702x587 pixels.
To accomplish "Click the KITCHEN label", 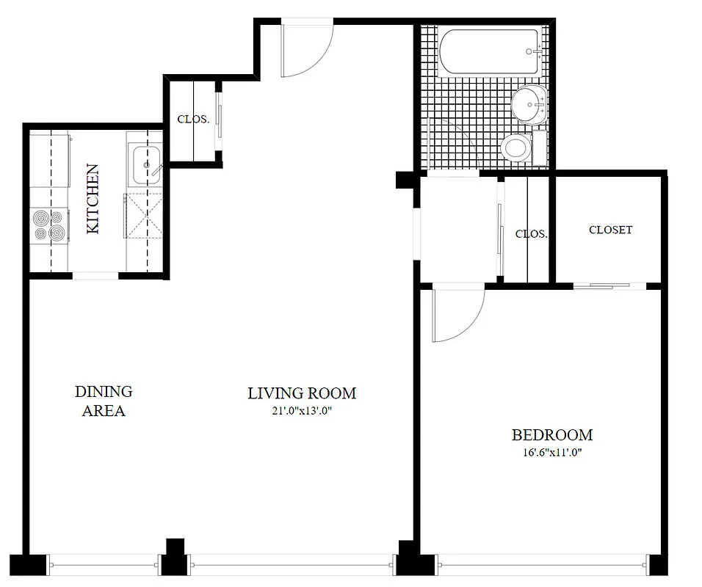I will [93, 199].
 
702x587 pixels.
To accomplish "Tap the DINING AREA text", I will [104, 401].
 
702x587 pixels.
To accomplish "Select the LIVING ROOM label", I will [301, 393].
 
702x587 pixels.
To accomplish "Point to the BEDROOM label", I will [551, 435].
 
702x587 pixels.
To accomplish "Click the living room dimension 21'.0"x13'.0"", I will [301, 411].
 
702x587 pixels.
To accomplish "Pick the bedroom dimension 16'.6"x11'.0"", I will [551, 453].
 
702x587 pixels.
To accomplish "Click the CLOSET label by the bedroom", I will [610, 230].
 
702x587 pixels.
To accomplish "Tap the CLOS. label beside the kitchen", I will [193, 119].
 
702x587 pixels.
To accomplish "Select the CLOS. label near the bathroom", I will [531, 234].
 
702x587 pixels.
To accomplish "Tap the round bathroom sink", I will [528, 104].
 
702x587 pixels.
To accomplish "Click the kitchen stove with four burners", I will [49, 225].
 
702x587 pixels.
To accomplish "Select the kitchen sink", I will [145, 165].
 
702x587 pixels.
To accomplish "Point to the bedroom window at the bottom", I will [543, 565].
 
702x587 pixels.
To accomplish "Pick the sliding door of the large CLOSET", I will [601, 286].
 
